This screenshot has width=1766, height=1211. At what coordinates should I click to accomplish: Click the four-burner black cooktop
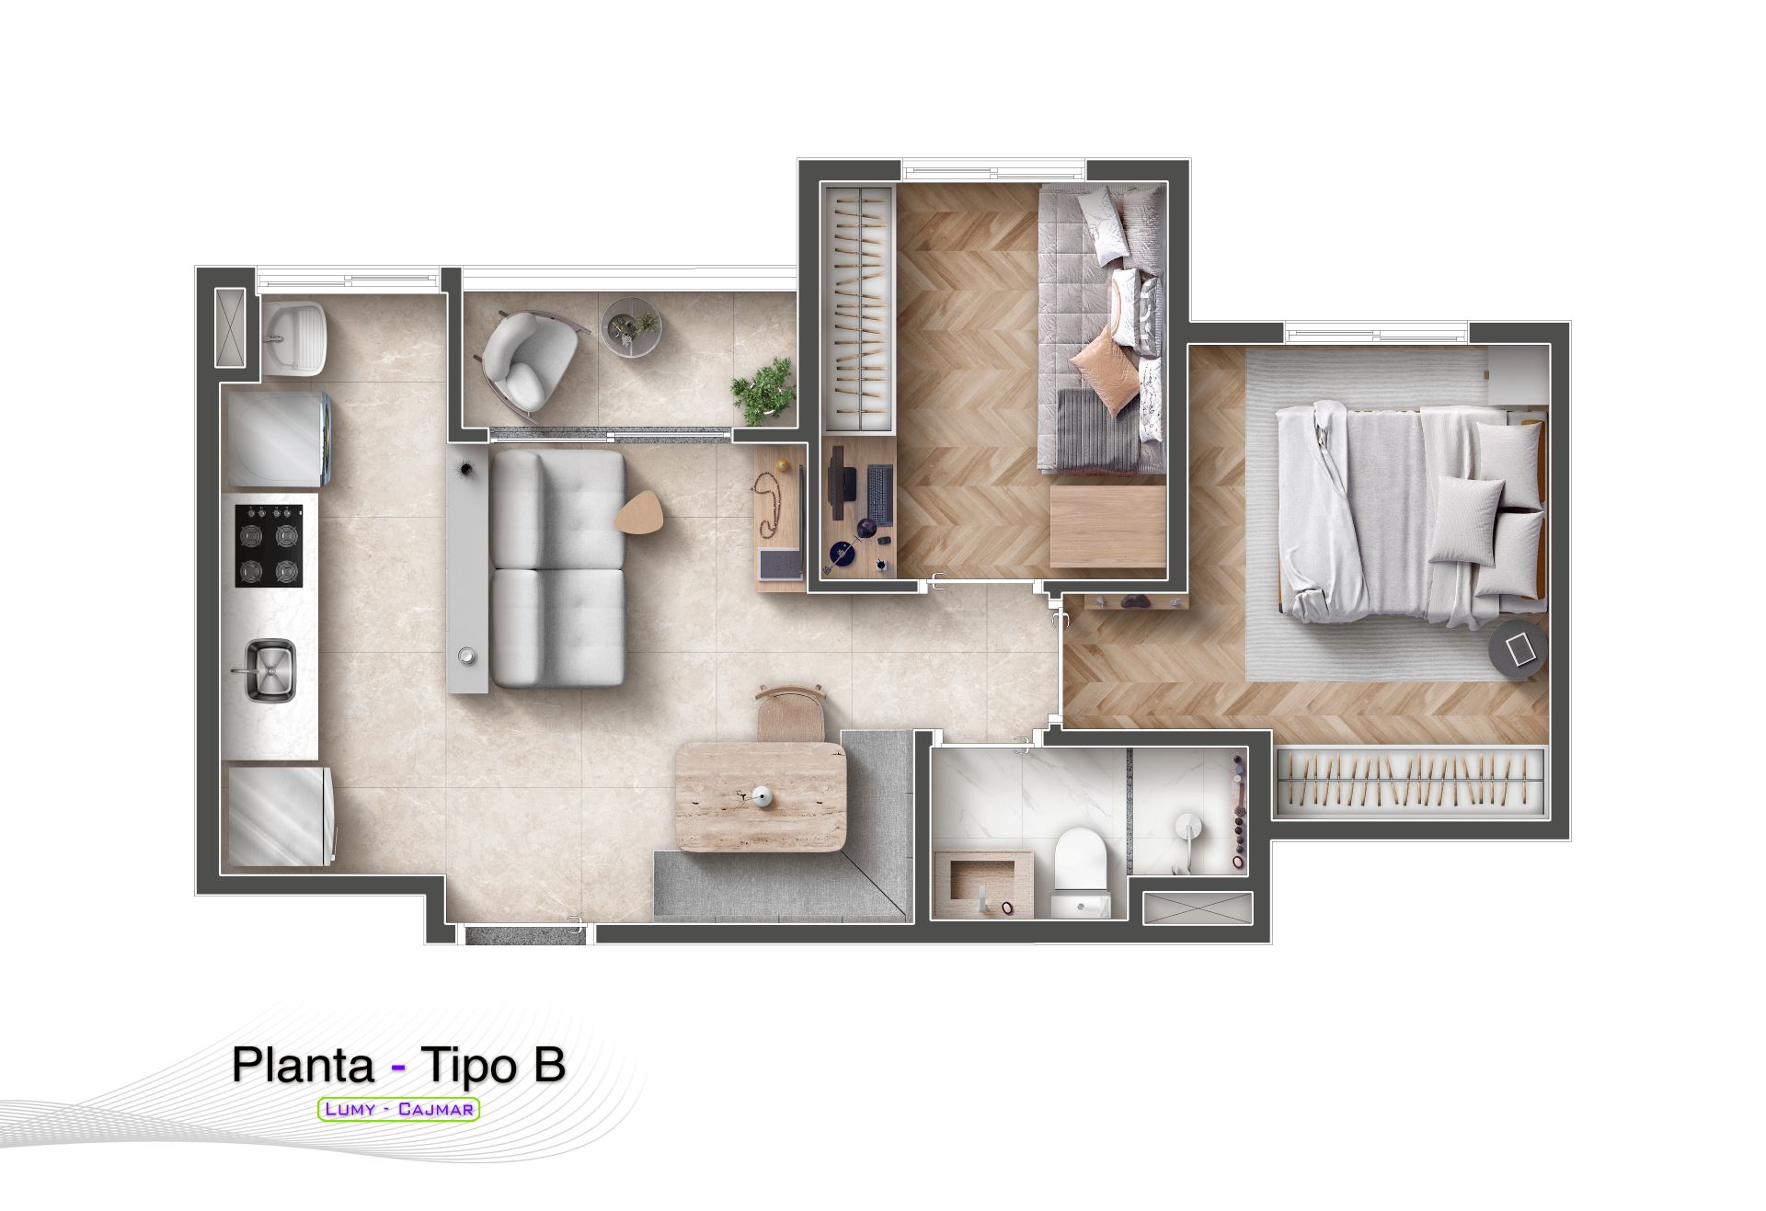(x=269, y=546)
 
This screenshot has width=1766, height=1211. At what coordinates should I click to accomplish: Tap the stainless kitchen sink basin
(x=269, y=670)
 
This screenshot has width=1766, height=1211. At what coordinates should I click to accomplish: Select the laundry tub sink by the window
(x=291, y=337)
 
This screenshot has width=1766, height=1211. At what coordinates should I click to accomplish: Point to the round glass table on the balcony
(x=632, y=327)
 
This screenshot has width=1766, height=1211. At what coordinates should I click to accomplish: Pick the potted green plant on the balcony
(x=763, y=391)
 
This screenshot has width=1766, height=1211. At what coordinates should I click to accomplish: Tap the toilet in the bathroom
(x=1081, y=870)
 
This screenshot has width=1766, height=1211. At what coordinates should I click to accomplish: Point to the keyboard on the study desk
(x=879, y=497)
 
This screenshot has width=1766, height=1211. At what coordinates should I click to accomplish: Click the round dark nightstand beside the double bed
(x=1519, y=648)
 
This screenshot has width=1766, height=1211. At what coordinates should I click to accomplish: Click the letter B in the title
(x=548, y=1065)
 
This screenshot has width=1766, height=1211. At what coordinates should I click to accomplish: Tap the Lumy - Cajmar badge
(x=398, y=1109)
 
